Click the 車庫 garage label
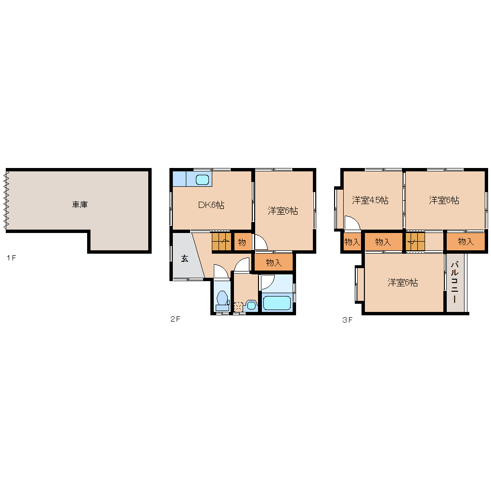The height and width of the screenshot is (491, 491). (80, 205)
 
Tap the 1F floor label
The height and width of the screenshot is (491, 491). (11, 258)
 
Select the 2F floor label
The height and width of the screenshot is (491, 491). (175, 319)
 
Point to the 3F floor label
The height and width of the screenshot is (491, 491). (347, 320)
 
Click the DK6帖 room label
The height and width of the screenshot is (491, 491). (211, 205)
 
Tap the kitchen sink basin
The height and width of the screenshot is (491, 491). (202, 180)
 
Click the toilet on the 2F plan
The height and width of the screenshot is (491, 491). (222, 300)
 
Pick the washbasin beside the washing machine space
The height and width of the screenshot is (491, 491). (251, 305)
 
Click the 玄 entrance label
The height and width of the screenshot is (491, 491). (184, 258)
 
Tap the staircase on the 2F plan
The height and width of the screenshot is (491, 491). (222, 242)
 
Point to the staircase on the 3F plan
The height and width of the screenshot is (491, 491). (415, 242)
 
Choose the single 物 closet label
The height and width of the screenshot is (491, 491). (242, 242)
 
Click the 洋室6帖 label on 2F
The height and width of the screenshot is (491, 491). (283, 211)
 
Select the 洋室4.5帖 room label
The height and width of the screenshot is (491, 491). (370, 200)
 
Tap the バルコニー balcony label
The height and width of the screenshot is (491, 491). (455, 282)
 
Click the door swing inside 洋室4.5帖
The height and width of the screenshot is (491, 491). (352, 223)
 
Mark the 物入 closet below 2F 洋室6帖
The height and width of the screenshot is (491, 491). (274, 263)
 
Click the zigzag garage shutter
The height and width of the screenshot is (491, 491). (6, 200)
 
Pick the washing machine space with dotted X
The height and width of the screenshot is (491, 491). (238, 307)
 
